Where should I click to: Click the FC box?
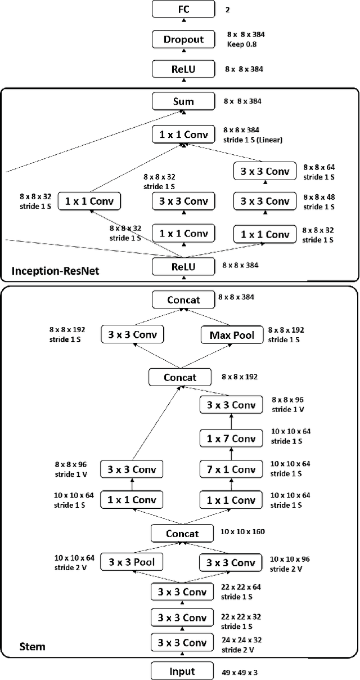click(183, 9)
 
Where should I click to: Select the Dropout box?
click(183, 39)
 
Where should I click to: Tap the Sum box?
click(183, 101)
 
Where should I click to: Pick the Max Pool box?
click(232, 335)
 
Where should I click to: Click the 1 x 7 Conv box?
click(232, 439)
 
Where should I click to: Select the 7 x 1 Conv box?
click(232, 469)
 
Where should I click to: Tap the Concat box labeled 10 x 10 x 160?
click(182, 533)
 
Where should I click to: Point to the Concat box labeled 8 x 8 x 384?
click(183, 299)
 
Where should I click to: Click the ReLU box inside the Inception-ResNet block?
click(183, 266)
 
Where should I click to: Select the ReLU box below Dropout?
click(183, 69)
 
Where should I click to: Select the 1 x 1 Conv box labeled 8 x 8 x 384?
click(183, 134)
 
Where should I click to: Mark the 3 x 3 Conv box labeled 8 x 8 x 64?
click(264, 171)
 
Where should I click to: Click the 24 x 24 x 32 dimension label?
click(242, 639)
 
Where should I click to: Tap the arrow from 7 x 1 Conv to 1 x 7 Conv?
click(232, 454)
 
